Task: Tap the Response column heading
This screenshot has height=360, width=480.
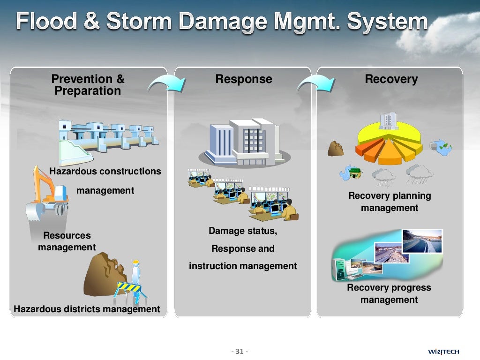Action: pyautogui.click(x=243, y=79)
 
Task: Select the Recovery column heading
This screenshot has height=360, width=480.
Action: pyautogui.click(x=391, y=79)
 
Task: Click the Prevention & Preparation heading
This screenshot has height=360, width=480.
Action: pyautogui.click(x=88, y=85)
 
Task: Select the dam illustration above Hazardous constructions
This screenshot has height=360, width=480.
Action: pyautogui.click(x=108, y=138)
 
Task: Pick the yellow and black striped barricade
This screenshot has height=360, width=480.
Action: pyautogui.click(x=128, y=287)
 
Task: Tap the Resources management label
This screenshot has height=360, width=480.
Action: pyautogui.click(x=67, y=241)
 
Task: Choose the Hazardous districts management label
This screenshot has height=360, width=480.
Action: pyautogui.click(x=87, y=309)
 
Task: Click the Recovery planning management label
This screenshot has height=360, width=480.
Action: pyautogui.click(x=389, y=202)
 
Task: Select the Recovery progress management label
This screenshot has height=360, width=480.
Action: pyautogui.click(x=389, y=293)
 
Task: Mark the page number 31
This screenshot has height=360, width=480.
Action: pyautogui.click(x=240, y=352)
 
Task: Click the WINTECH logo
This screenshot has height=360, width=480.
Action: pyautogui.click(x=443, y=352)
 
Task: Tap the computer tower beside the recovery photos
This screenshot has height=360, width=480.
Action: pyautogui.click(x=338, y=270)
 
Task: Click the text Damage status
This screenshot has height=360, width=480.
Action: pyautogui.click(x=242, y=231)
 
